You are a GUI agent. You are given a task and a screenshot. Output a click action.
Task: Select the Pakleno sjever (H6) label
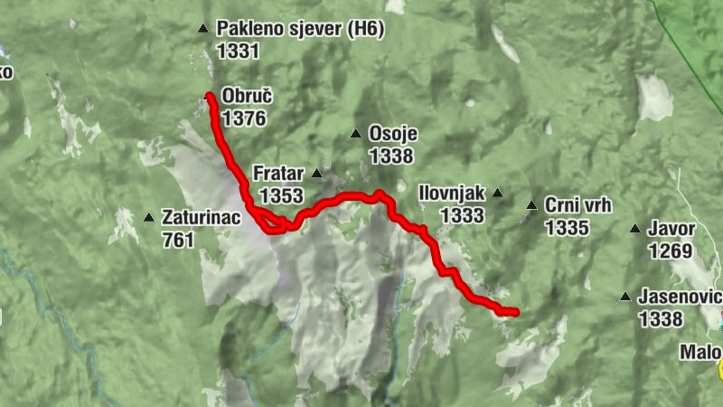tap(300, 31)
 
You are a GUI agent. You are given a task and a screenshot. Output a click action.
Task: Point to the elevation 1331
tap(238, 51)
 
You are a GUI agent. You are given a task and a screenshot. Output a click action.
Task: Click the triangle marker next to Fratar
tap(317, 173)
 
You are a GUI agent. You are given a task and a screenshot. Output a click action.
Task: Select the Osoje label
tap(392, 134)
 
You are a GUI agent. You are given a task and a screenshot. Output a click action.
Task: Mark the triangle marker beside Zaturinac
tap(148, 217)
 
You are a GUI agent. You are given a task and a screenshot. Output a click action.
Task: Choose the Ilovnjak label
tap(453, 193)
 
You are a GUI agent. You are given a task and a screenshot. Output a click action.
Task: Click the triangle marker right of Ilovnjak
tap(497, 193)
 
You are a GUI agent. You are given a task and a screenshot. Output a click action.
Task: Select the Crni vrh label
tap(578, 205)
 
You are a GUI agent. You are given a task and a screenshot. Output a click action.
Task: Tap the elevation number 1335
tap(567, 227)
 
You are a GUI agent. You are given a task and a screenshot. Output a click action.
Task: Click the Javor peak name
tap(671, 229)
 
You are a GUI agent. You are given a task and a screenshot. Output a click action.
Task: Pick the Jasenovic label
tap(679, 297)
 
